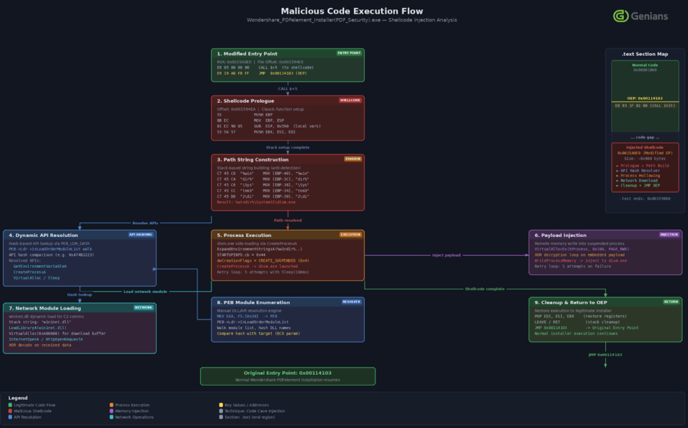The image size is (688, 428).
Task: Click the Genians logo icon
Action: (x=621, y=15)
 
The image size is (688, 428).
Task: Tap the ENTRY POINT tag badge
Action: (x=349, y=52)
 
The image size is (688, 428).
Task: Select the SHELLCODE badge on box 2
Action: (x=349, y=100)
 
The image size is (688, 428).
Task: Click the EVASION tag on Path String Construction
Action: (x=352, y=159)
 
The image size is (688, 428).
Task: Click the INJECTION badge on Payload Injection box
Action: (x=668, y=234)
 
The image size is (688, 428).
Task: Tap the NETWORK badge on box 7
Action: (x=144, y=307)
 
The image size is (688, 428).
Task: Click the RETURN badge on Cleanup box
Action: (x=671, y=301)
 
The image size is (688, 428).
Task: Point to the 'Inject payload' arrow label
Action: (x=446, y=255)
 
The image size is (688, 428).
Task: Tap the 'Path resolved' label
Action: (x=288, y=219)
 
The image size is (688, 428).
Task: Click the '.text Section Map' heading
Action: (x=644, y=53)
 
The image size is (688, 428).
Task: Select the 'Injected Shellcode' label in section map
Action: (x=644, y=147)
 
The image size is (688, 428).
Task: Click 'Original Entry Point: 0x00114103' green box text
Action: (x=288, y=372)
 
